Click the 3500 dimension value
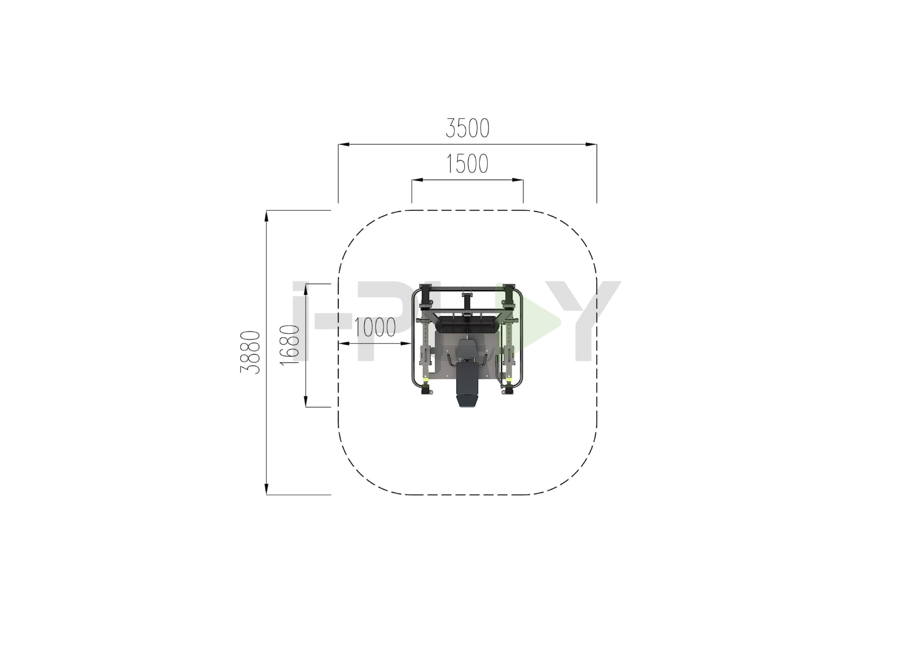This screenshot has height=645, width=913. click(467, 128)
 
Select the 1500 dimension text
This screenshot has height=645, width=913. click(467, 164)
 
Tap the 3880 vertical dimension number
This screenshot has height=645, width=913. click(250, 352)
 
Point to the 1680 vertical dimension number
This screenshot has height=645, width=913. click(290, 345)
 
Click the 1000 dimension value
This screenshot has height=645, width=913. click(374, 327)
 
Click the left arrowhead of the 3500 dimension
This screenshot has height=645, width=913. click(343, 144)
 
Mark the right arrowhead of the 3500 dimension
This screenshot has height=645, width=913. click(591, 144)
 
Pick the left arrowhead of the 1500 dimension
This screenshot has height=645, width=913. click(417, 180)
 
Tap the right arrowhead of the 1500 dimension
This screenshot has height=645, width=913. click(518, 180)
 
